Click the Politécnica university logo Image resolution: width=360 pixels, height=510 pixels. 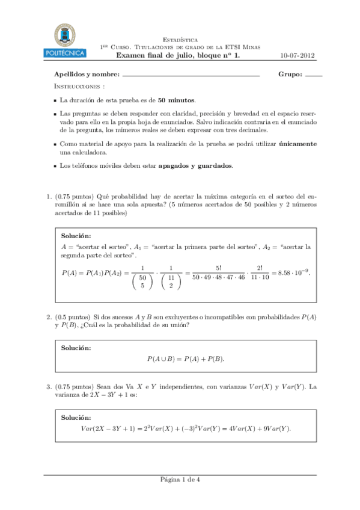click(66, 41)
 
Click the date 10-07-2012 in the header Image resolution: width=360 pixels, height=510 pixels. click(297, 56)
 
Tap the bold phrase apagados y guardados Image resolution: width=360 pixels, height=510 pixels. click(195, 165)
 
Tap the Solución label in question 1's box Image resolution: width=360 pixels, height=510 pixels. click(76, 236)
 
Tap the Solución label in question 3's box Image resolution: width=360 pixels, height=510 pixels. click(76, 417)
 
